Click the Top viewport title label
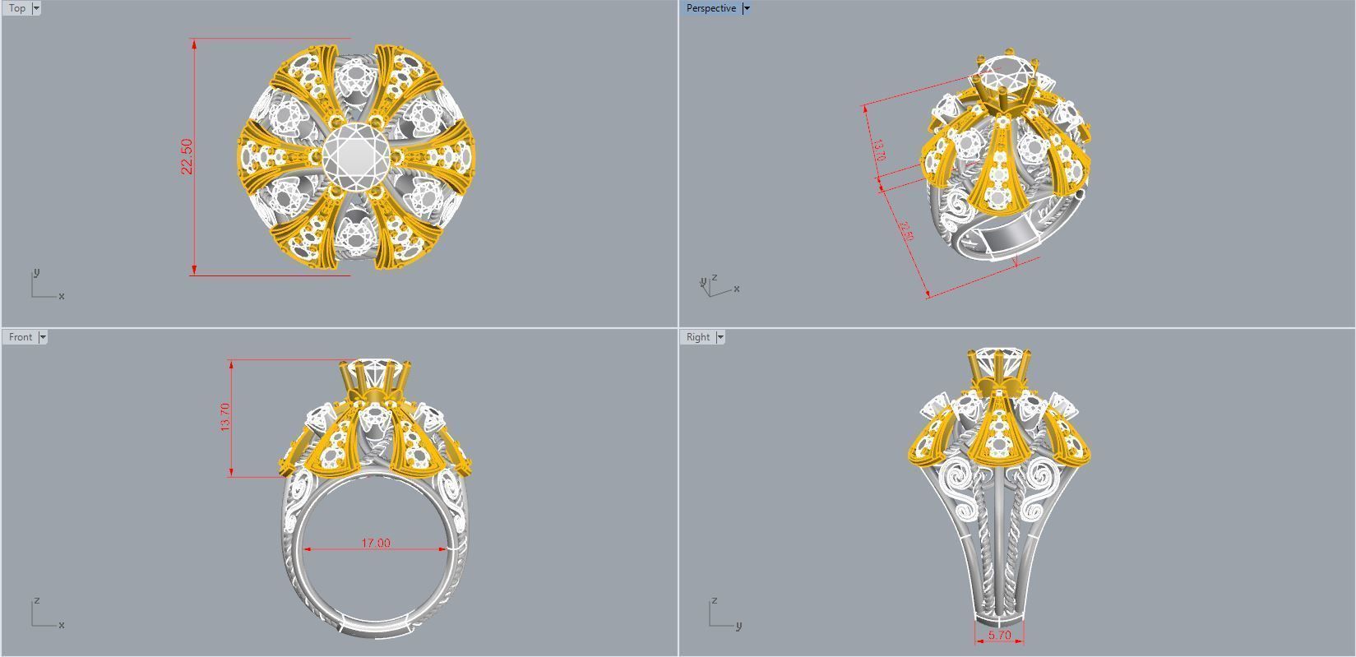coord(16,8)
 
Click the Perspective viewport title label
coord(710,8)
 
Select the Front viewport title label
coord(21,337)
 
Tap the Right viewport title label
coord(697,337)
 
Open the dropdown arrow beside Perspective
coord(746,8)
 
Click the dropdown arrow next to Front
coord(43,337)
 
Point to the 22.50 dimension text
coord(187,156)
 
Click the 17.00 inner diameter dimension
coord(376,544)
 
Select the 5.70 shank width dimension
coord(999,636)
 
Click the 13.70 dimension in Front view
coord(225,417)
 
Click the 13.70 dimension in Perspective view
coord(878,150)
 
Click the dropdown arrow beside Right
coord(720,337)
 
